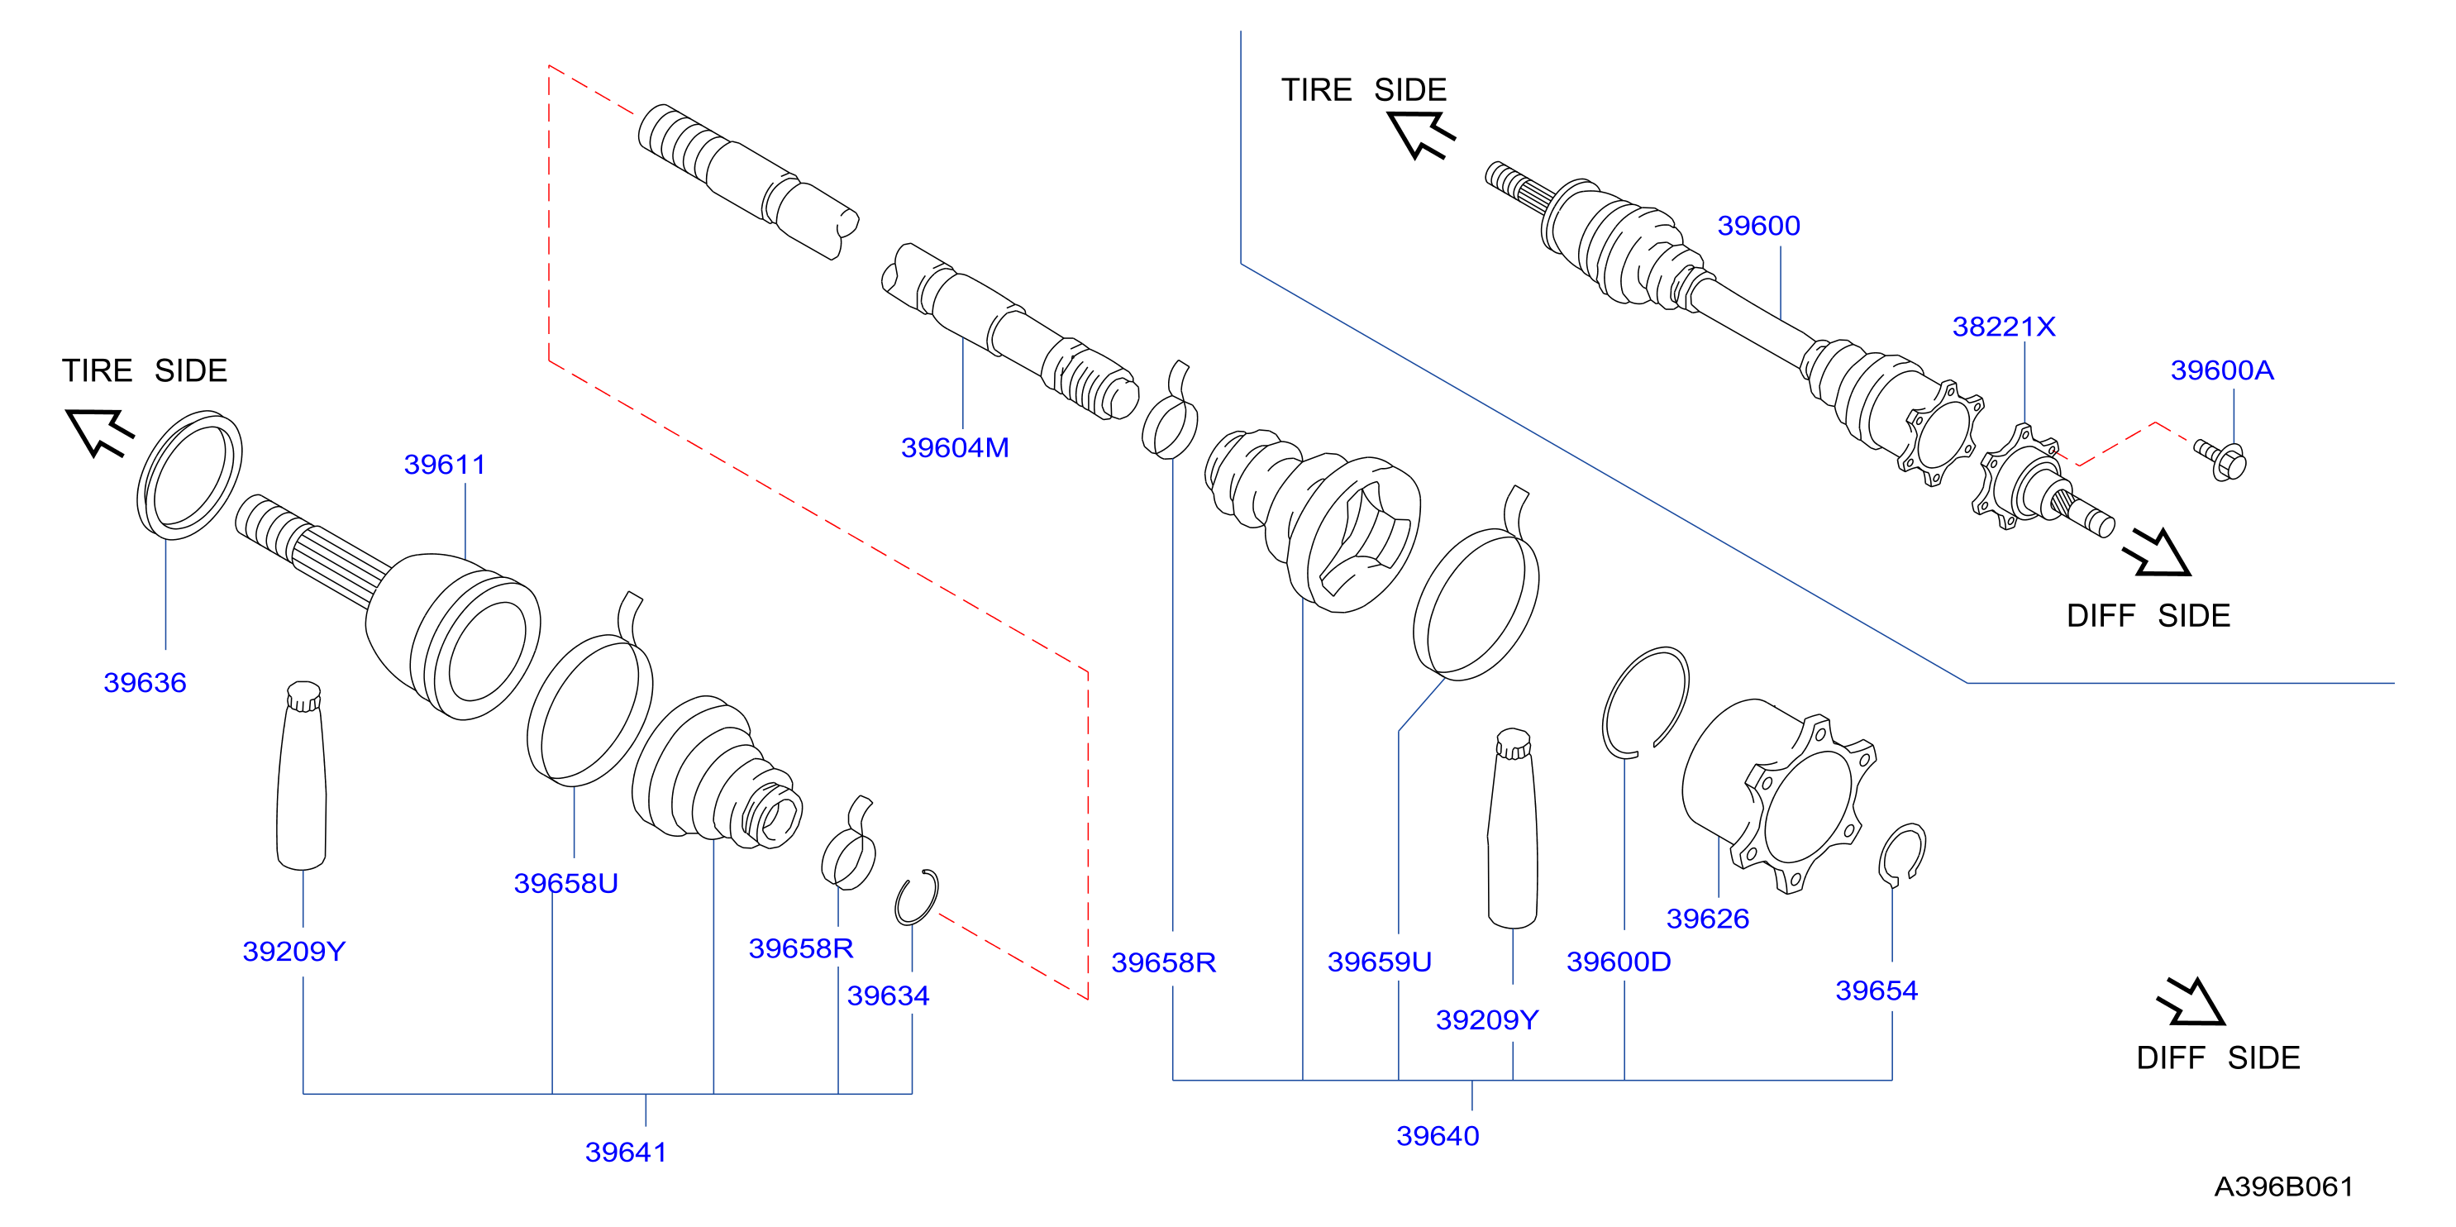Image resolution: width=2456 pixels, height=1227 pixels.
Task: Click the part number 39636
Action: tap(145, 683)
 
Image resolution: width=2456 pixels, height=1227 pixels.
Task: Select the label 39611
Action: tap(444, 465)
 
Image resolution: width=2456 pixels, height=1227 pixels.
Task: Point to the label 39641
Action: tap(626, 1152)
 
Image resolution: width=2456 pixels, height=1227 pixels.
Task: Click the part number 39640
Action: tap(1438, 1135)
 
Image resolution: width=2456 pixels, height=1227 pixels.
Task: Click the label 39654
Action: tap(1877, 991)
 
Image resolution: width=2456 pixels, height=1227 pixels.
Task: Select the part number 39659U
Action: tap(1379, 961)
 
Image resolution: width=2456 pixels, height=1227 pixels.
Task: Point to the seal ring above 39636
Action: tap(190, 474)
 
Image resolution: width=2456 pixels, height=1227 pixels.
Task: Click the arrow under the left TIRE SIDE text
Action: tap(100, 432)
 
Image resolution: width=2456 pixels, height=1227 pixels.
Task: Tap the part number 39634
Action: tap(888, 995)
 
